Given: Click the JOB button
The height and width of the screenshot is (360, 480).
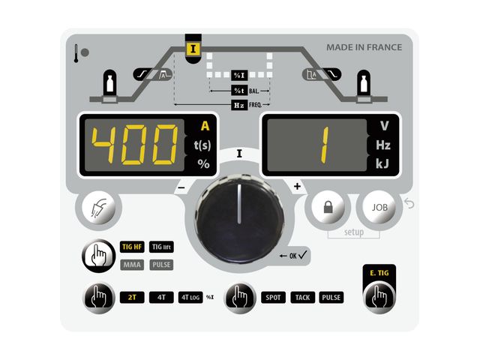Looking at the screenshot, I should [379, 206].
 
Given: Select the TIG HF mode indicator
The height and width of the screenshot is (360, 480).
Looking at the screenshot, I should [133, 246].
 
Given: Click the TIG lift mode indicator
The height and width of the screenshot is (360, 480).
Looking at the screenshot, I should [162, 246].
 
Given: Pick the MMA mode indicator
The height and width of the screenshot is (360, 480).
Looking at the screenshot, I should [133, 264].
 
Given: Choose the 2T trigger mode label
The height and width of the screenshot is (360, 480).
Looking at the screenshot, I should [132, 297].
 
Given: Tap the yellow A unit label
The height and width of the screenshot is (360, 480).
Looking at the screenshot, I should [204, 126].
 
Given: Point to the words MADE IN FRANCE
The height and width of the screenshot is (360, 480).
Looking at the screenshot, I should [364, 47].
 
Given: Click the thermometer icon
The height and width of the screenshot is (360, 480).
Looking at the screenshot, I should [76, 53].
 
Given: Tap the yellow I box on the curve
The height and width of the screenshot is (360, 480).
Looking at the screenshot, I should [194, 46].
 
